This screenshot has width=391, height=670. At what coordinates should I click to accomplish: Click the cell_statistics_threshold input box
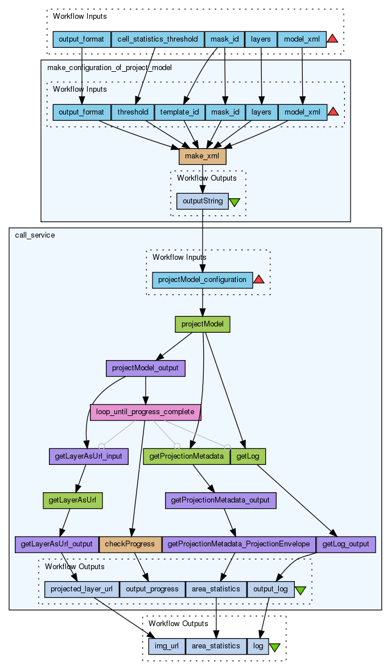tap(158, 39)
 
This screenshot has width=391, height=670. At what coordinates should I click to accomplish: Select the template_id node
tap(180, 112)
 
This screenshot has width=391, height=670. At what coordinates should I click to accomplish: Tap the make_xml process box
tap(203, 156)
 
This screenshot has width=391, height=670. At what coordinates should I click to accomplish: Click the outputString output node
tap(202, 201)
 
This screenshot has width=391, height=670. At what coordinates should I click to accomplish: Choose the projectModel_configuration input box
tap(202, 280)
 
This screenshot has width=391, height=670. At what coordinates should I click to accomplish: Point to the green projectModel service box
tap(202, 324)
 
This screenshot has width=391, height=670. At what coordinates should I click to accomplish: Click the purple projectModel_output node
tap(146, 368)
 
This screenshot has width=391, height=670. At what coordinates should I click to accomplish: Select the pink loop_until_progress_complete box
tap(146, 411)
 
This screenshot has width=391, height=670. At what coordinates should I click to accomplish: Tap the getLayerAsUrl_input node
tap(89, 456)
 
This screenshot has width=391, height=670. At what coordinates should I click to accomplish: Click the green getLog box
tap(248, 456)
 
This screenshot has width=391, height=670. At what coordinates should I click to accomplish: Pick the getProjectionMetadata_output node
tap(221, 500)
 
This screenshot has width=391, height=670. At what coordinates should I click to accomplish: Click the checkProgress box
tap(130, 544)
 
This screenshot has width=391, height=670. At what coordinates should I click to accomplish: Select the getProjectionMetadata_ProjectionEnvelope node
tap(238, 544)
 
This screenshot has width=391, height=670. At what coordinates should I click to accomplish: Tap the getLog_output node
tap(345, 544)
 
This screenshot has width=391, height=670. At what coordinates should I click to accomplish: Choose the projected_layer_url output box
tap(81, 589)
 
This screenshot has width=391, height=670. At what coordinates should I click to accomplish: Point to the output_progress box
tap(152, 589)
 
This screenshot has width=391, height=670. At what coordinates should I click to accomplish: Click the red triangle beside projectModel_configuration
tap(259, 279)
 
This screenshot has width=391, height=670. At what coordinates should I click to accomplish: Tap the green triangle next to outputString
tap(234, 202)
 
